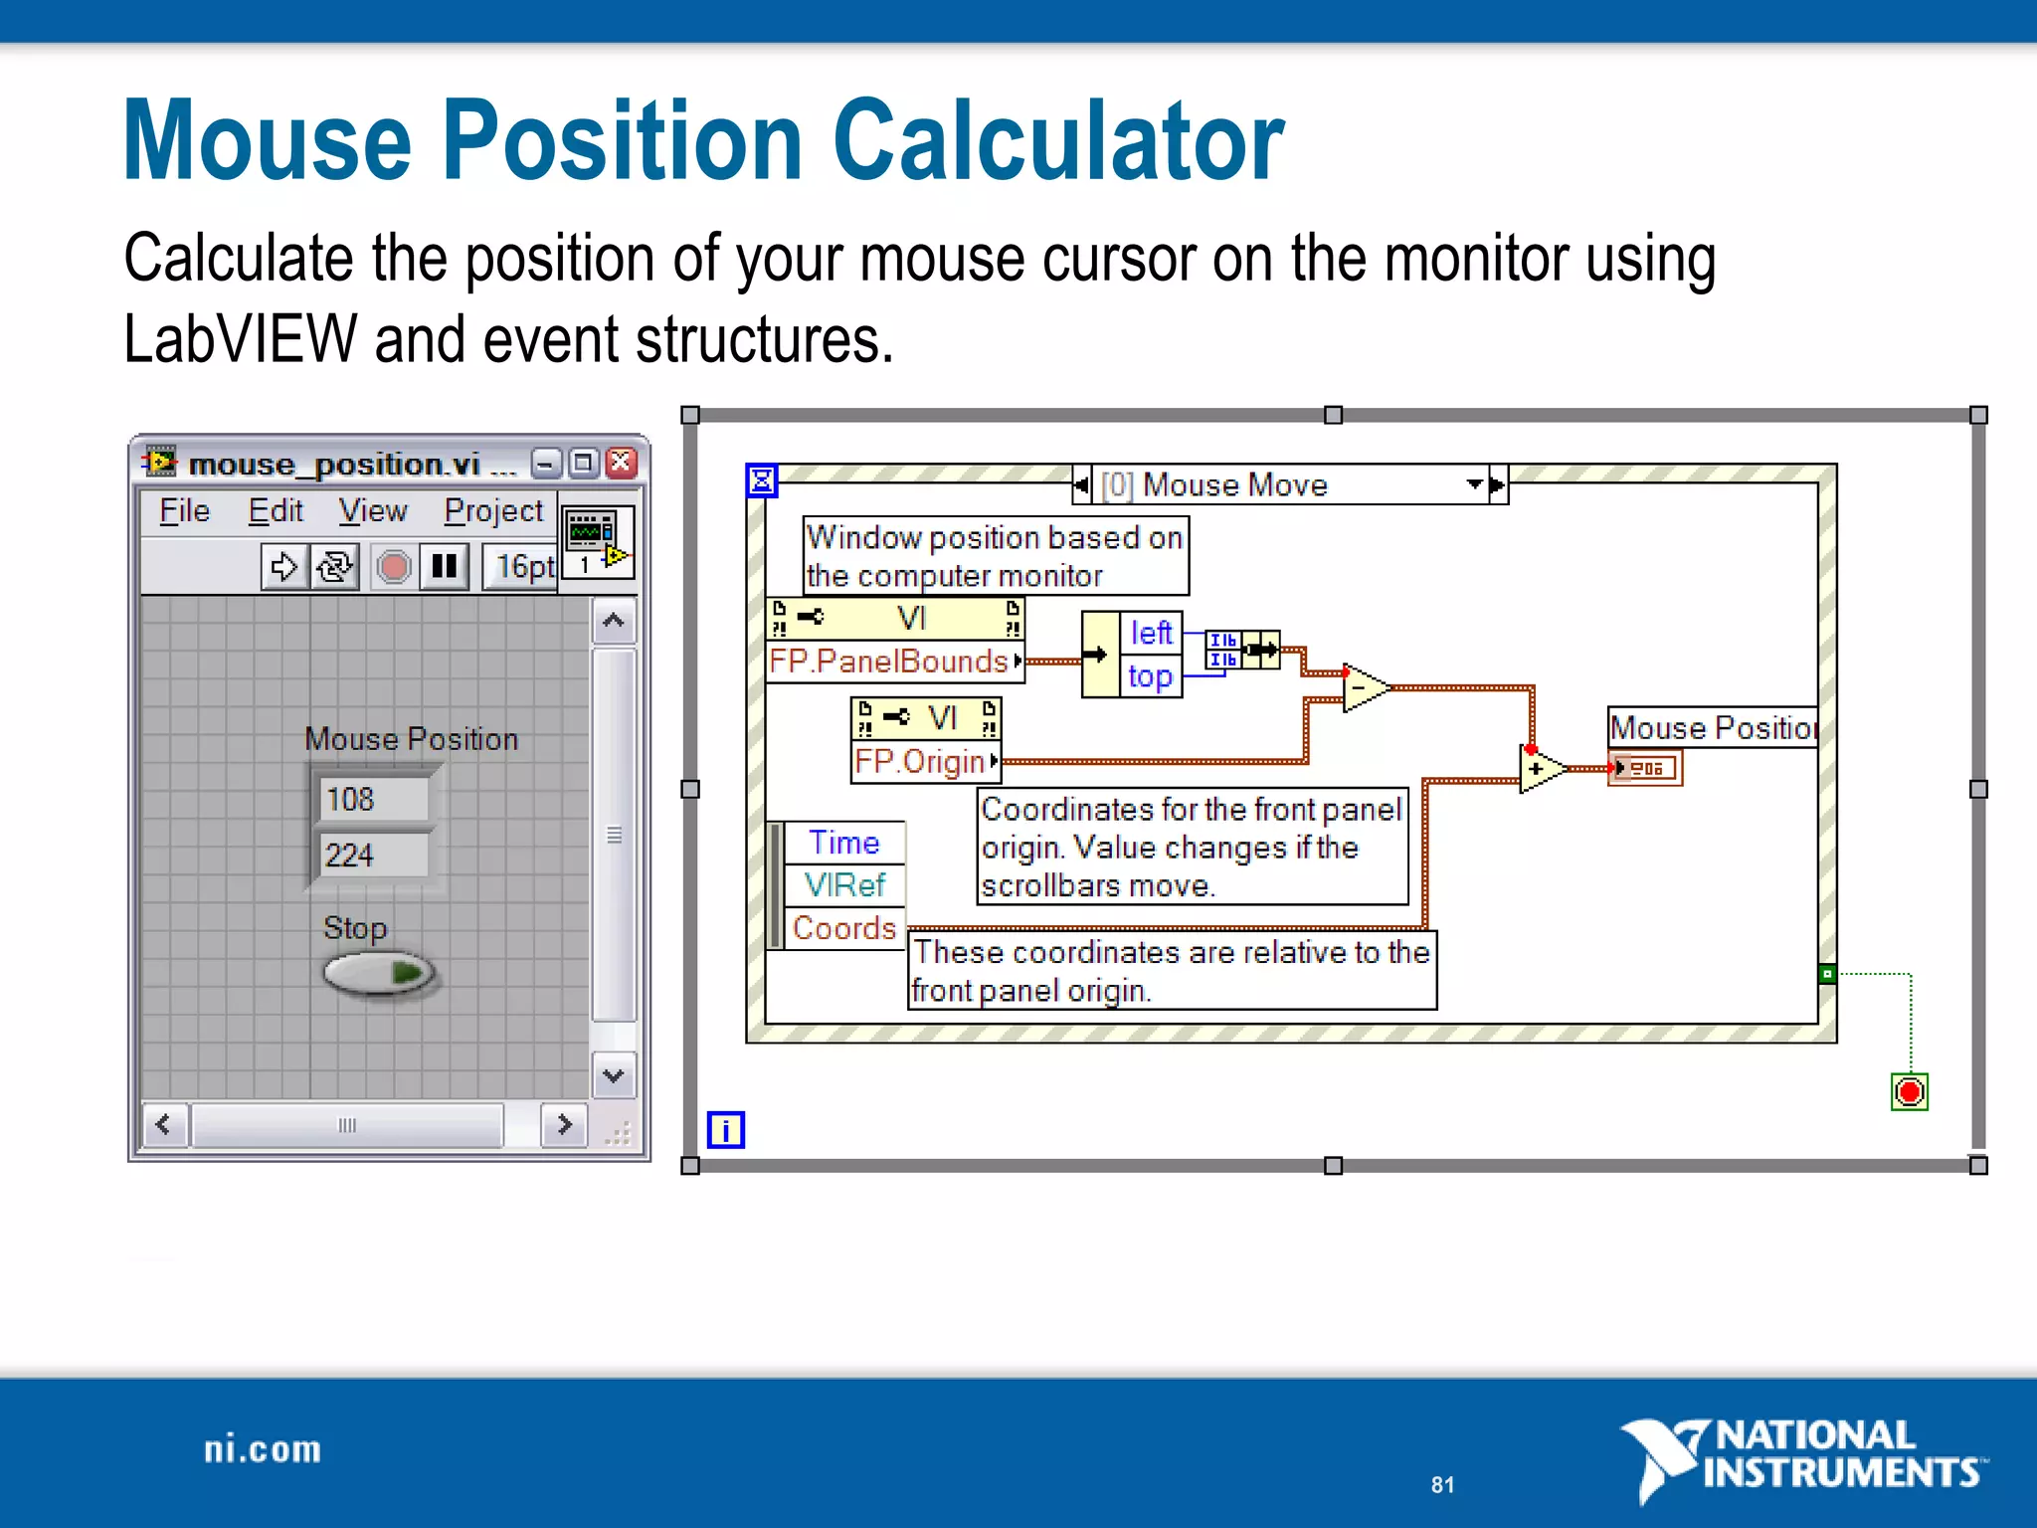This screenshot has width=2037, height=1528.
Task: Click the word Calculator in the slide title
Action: point(1058,141)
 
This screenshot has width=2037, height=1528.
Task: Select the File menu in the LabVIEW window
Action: point(185,511)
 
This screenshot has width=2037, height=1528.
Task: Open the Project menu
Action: point(493,511)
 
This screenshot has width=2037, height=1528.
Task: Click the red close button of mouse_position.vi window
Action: point(622,463)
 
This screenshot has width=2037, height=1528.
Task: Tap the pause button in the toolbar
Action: point(444,567)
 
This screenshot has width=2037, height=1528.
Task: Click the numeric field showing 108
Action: point(374,800)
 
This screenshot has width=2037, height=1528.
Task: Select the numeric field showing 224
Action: point(374,855)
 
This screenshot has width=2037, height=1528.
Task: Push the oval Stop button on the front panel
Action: point(379,973)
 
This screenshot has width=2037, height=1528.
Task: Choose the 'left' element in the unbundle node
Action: point(1151,633)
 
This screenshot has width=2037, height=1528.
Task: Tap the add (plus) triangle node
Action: point(1540,769)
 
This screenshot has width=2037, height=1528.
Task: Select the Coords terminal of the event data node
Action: point(843,928)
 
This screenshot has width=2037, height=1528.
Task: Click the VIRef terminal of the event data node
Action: point(843,884)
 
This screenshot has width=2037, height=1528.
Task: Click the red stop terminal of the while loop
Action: point(1909,1092)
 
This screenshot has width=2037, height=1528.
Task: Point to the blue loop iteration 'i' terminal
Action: point(725,1130)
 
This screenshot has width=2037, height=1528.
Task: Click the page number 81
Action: point(1442,1485)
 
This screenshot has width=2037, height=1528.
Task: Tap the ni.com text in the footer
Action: point(263,1450)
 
